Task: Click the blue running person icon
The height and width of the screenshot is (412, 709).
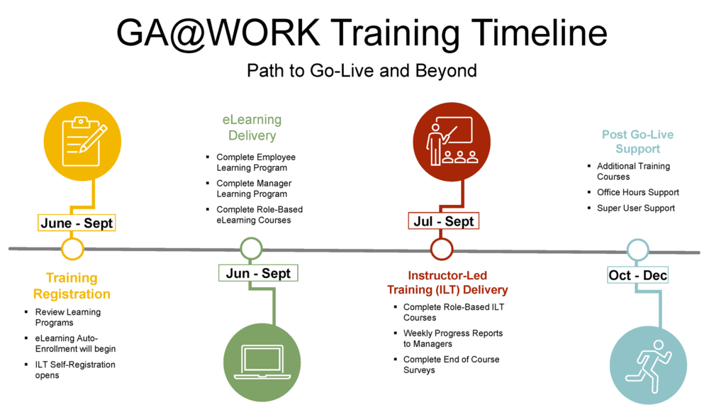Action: pyautogui.click(x=648, y=363)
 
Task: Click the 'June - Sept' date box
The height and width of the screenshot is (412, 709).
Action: pyautogui.click(x=77, y=223)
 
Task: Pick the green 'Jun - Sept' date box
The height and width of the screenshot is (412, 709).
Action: pyautogui.click(x=258, y=273)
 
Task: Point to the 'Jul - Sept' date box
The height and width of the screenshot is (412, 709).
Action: pyautogui.click(x=444, y=221)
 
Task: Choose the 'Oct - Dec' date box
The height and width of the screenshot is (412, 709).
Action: pyautogui.click(x=637, y=274)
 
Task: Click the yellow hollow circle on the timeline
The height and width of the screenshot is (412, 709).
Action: pyautogui.click(x=72, y=248)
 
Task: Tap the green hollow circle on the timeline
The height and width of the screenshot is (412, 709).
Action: pyautogui.click(x=252, y=248)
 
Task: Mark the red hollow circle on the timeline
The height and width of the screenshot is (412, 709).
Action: pyautogui.click(x=442, y=248)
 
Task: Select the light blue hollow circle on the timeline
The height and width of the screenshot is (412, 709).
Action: pyautogui.click(x=637, y=249)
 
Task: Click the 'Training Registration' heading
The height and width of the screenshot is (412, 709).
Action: pyautogui.click(x=72, y=286)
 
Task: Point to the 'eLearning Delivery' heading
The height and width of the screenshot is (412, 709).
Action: pyautogui.click(x=247, y=128)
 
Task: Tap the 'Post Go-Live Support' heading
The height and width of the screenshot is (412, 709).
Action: pyautogui.click(x=637, y=141)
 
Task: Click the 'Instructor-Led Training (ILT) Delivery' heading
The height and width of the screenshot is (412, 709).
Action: pyautogui.click(x=447, y=282)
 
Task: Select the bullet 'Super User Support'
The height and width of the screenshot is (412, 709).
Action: pyautogui.click(x=635, y=208)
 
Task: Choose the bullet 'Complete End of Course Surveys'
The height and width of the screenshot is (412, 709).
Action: pyautogui.click(x=451, y=364)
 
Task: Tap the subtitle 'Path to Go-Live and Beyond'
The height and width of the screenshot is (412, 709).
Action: pyautogui.click(x=362, y=71)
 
